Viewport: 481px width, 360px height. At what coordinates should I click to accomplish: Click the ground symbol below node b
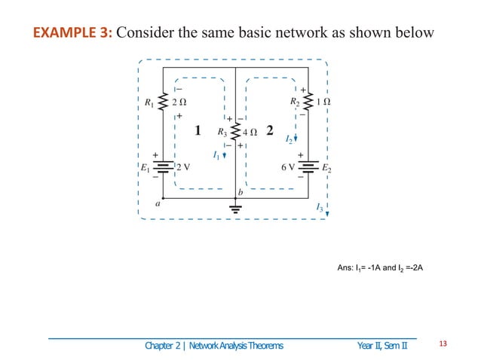[236, 209]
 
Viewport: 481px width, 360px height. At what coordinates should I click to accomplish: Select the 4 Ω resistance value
[250, 133]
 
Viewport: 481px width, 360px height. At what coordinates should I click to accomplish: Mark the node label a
[158, 203]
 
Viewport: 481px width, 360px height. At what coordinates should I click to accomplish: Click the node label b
[240, 194]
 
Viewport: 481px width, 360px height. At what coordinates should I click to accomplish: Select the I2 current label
[289, 139]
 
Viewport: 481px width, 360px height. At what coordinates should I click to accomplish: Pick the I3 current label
[320, 206]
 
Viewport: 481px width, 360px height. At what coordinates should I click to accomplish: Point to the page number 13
[443, 345]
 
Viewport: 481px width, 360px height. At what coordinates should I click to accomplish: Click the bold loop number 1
[198, 130]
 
